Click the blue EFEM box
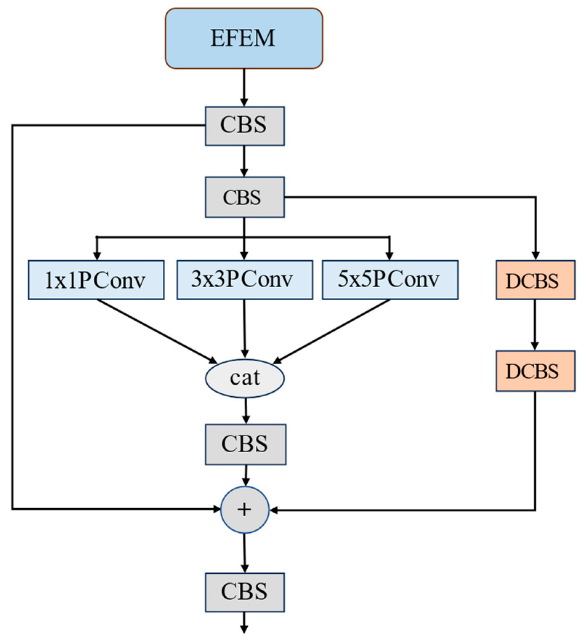pyautogui.click(x=244, y=39)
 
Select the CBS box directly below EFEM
pyautogui.click(x=244, y=126)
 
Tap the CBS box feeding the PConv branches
pyautogui.click(x=244, y=197)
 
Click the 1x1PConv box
pyautogui.click(x=96, y=280)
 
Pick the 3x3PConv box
pyautogui.click(x=244, y=280)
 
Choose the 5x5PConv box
pyautogui.click(x=390, y=280)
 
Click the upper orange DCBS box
pyautogui.click(x=535, y=280)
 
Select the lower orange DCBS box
pyautogui.click(x=535, y=370)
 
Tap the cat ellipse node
pyautogui.click(x=244, y=378)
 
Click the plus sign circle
pyautogui.click(x=244, y=509)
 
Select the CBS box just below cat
pyautogui.click(x=246, y=444)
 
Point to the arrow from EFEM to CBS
pyautogui.click(x=244, y=87)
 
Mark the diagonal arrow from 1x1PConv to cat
pyautogui.click(x=156, y=331)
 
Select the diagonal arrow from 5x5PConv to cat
pyautogui.click(x=332, y=331)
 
